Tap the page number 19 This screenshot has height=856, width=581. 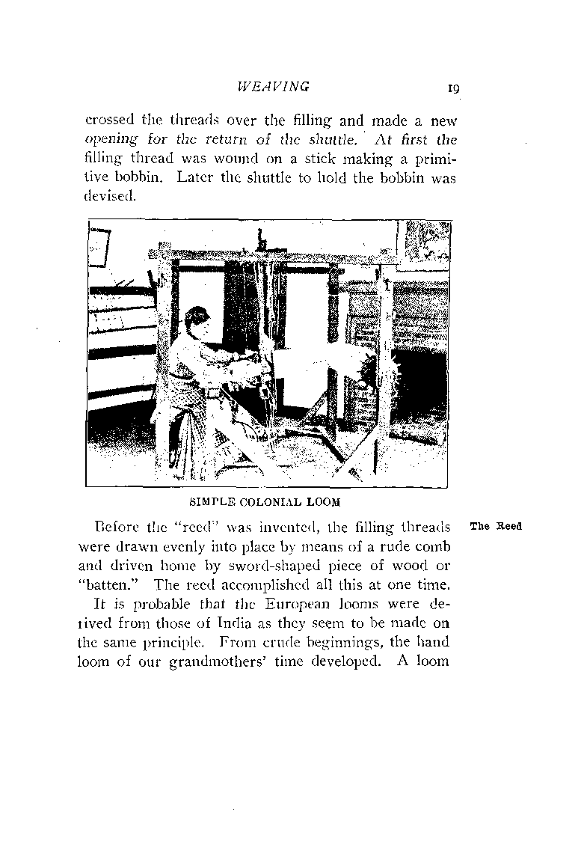(452, 88)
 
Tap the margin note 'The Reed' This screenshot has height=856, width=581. (495, 526)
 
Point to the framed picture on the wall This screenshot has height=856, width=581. (99, 248)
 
